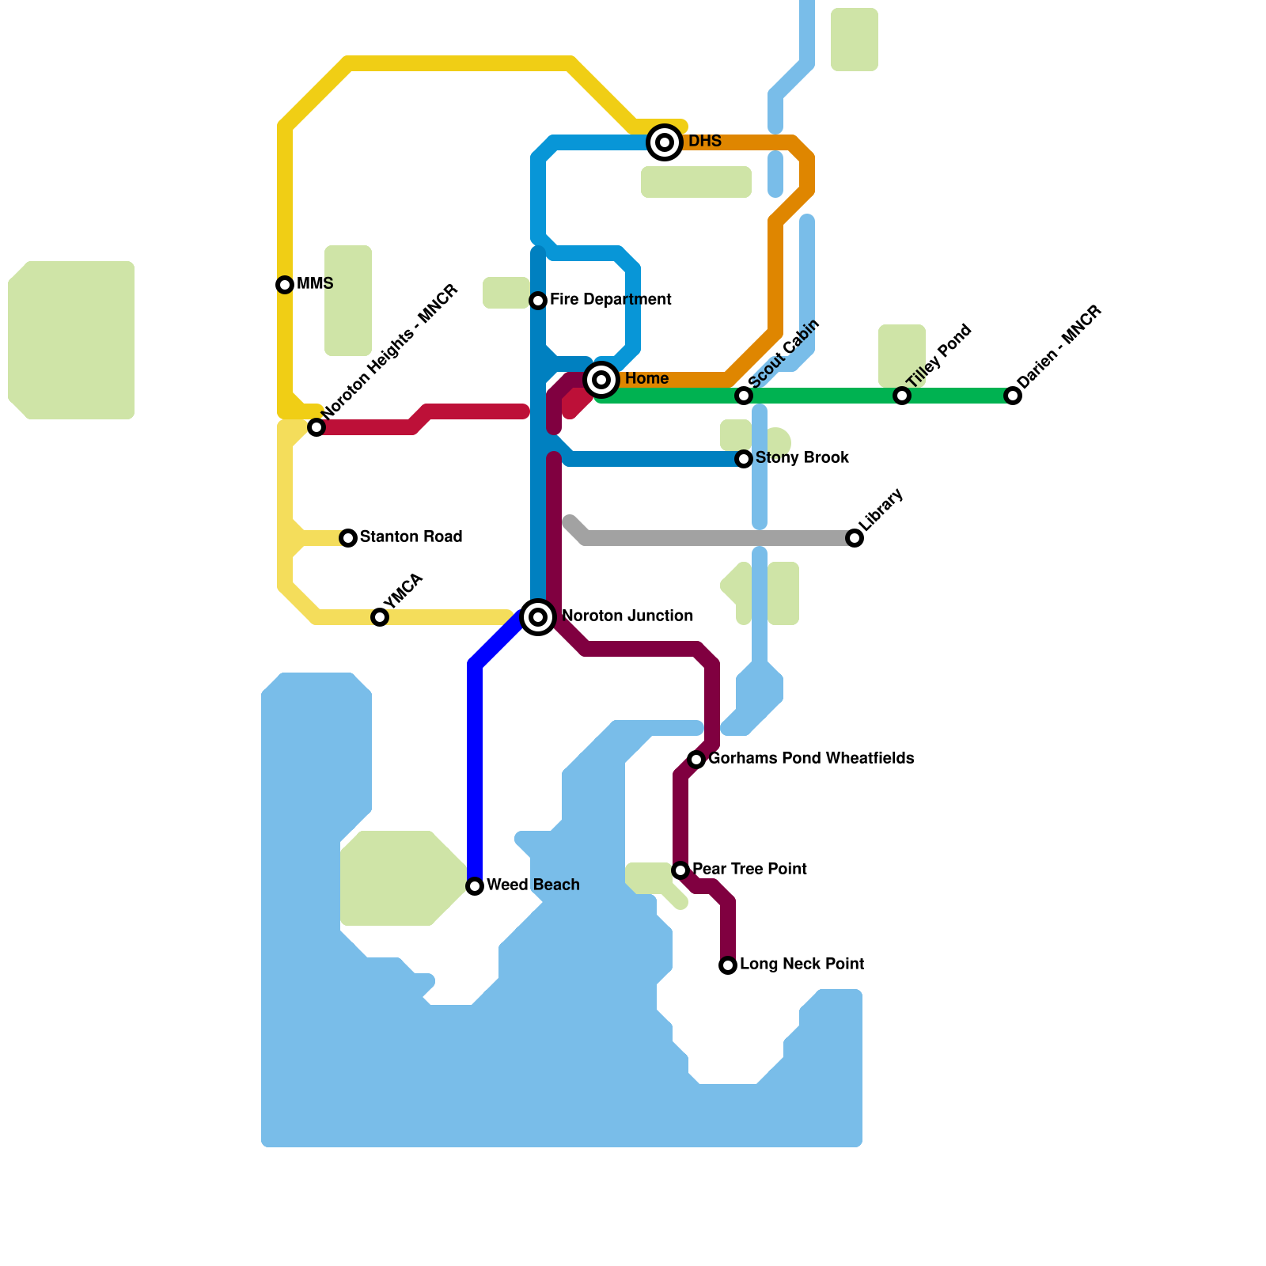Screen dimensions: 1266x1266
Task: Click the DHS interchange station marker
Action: point(665,142)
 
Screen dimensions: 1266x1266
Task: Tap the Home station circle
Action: point(601,380)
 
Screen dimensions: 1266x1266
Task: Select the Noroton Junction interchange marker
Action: point(538,617)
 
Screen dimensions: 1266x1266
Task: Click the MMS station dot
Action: point(285,285)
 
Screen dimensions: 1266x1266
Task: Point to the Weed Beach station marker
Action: point(475,886)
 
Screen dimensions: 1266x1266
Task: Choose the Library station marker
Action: point(855,538)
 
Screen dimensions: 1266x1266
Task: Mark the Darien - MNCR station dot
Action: point(1013,396)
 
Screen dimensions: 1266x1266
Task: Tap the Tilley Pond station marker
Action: point(902,396)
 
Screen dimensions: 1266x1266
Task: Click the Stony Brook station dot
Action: point(744,459)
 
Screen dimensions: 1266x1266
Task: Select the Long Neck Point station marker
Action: point(728,965)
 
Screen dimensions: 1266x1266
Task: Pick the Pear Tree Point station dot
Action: point(680,870)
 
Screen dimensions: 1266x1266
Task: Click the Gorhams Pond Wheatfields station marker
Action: point(696,760)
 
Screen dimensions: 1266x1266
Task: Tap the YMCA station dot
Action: point(380,617)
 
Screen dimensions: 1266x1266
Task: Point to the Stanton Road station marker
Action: point(348,538)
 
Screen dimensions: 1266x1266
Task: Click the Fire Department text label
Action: point(610,300)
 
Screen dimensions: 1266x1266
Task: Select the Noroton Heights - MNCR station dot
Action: point(316,427)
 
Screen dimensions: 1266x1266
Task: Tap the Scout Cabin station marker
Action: point(744,396)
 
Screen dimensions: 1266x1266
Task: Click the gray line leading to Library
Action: point(712,538)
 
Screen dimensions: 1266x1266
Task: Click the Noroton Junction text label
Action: point(627,616)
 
